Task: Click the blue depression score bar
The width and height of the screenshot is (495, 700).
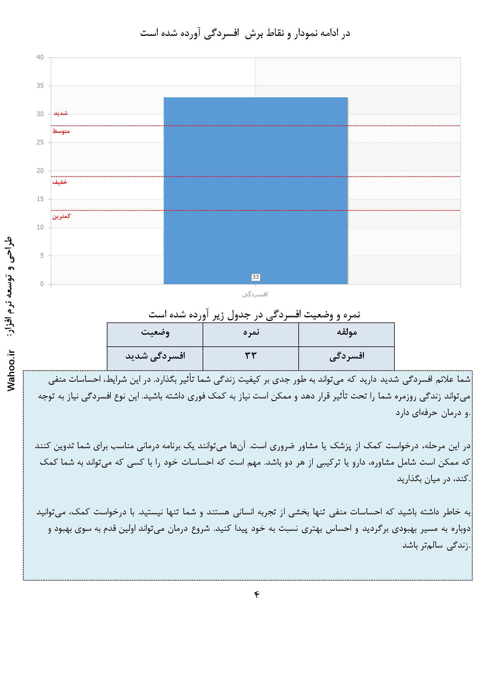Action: click(x=255, y=189)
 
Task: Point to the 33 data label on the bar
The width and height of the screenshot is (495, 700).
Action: click(x=255, y=277)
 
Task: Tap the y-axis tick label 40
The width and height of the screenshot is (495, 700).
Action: click(x=40, y=57)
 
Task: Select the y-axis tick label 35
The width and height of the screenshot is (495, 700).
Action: click(x=40, y=86)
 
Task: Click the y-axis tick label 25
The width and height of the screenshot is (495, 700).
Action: click(x=40, y=143)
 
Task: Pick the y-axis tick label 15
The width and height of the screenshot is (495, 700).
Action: click(x=40, y=199)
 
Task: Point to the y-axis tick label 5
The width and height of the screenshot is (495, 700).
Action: click(x=42, y=256)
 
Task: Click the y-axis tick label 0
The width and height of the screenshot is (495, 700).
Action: click(x=42, y=284)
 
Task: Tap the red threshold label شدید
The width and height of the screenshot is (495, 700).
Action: click(x=61, y=113)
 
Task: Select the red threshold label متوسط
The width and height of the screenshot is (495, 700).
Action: click(x=61, y=131)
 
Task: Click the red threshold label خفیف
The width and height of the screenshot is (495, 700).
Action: click(x=60, y=182)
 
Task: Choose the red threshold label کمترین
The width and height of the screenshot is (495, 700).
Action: click(x=61, y=216)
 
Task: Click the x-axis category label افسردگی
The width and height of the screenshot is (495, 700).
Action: click(x=255, y=295)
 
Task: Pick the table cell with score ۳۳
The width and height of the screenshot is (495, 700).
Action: click(x=250, y=356)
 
